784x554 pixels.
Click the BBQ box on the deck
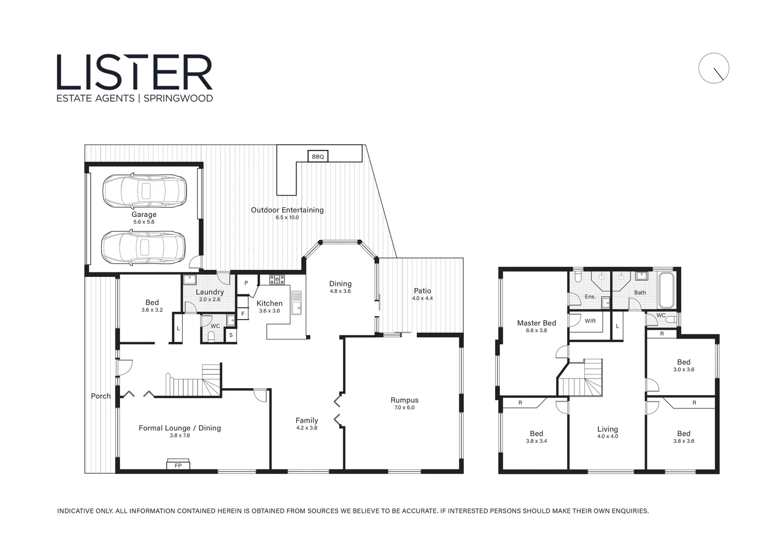click(318, 156)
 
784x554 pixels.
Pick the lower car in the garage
click(143, 248)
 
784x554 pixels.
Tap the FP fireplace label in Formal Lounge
click(178, 465)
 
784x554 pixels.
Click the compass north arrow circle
click(713, 68)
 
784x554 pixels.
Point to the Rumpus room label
click(404, 400)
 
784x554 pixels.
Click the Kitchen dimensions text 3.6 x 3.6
click(269, 311)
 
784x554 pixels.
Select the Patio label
click(422, 291)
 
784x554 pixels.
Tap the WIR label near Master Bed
click(590, 321)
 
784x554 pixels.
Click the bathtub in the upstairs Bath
click(667, 290)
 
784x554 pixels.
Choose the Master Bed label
click(536, 323)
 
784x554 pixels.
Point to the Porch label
click(101, 396)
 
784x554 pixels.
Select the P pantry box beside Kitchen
click(246, 283)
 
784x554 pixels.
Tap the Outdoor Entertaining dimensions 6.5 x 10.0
click(287, 217)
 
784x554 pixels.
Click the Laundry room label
click(209, 292)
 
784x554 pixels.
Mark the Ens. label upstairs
click(590, 296)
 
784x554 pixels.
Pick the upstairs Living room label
click(607, 429)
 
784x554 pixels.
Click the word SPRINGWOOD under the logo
click(178, 98)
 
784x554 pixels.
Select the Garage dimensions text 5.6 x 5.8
click(144, 222)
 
